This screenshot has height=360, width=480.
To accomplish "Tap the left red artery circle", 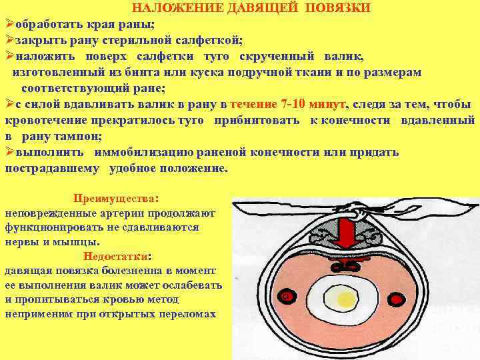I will (x=287, y=295).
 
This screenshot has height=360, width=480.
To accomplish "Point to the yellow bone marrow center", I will (x=346, y=295).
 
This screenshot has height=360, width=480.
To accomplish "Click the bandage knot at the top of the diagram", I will (x=357, y=213).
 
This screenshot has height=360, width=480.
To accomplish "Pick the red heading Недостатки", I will (x=116, y=256).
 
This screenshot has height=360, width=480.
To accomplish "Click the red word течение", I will (x=254, y=104).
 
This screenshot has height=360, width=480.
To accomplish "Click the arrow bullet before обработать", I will (x=9, y=25).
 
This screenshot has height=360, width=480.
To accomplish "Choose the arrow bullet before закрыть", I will (x=9, y=41).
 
